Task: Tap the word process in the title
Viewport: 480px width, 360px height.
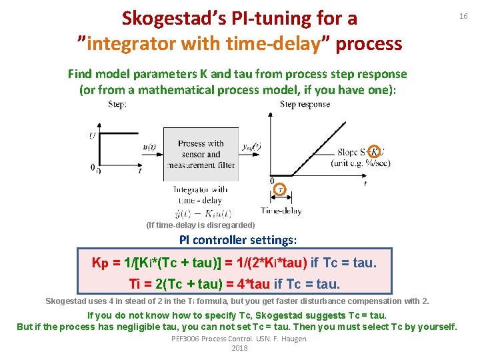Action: pos(369,44)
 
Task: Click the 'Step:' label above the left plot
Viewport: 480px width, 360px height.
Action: pos(117,104)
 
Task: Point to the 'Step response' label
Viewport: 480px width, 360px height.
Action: pos(305,104)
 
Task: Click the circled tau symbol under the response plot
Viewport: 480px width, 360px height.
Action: pos(281,189)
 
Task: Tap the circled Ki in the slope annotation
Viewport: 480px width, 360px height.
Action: pos(375,152)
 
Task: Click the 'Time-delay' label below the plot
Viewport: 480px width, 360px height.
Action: pos(281,211)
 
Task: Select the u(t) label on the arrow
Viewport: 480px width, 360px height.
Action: pos(150,147)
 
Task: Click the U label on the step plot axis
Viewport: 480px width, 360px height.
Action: pos(93,136)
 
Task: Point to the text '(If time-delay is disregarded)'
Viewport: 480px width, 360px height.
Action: pos(200,225)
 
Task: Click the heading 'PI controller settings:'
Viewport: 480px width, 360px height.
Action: pos(238,240)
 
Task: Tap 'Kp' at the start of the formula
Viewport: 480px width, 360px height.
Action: pos(100,263)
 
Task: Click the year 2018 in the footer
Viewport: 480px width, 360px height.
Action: pos(239,348)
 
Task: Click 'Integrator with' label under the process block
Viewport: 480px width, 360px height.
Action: pos(200,189)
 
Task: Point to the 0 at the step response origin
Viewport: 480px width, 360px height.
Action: pos(272,181)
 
